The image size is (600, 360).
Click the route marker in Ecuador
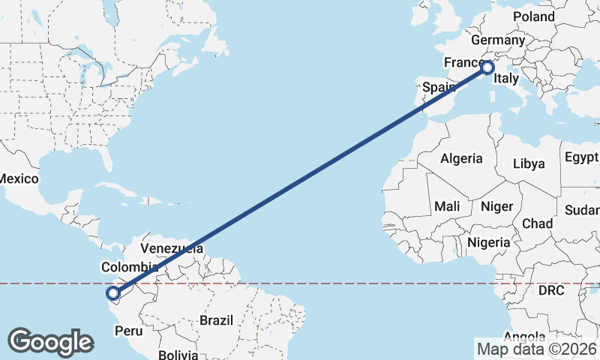[113, 294]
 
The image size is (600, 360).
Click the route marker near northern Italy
[487, 67]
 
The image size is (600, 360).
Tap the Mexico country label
[18, 178]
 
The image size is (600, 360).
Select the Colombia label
[129, 267]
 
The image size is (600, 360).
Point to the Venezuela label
[172, 248]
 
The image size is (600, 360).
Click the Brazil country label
[216, 320]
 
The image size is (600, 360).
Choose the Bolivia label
[178, 354]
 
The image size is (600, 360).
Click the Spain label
[439, 87]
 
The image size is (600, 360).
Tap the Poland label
[533, 16]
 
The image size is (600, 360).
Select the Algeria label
[461, 159]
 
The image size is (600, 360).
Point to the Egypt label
[582, 157]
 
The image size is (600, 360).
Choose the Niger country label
[496, 206]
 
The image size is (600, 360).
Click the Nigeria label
[488, 242]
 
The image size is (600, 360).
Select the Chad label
[537, 223]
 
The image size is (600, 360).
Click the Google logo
[50, 342]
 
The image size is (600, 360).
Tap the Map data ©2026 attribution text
[536, 349]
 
